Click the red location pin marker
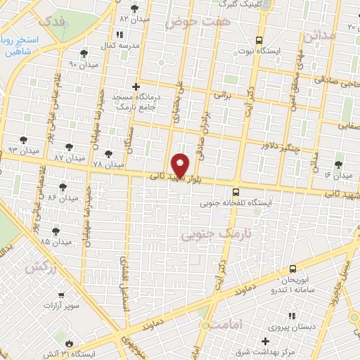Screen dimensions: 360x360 click(x=181, y=165)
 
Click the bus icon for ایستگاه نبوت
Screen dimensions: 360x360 click(x=259, y=40)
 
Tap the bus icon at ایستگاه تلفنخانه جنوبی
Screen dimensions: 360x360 click(x=236, y=191)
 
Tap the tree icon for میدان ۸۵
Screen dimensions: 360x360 click(x=56, y=230)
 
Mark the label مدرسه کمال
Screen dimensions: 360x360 click(x=119, y=44)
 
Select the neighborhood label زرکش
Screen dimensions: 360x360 click(x=39, y=266)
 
